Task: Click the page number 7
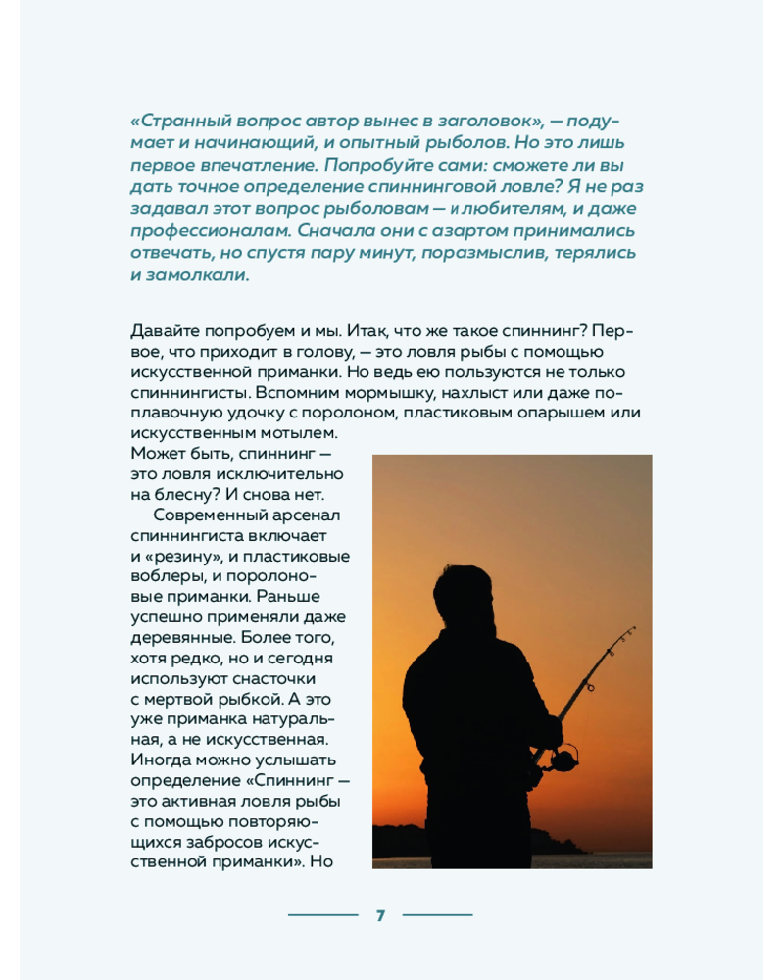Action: [x=380, y=915]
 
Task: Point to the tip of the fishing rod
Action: [x=634, y=627]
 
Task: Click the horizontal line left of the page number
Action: [x=322, y=915]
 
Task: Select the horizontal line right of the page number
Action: [x=437, y=915]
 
